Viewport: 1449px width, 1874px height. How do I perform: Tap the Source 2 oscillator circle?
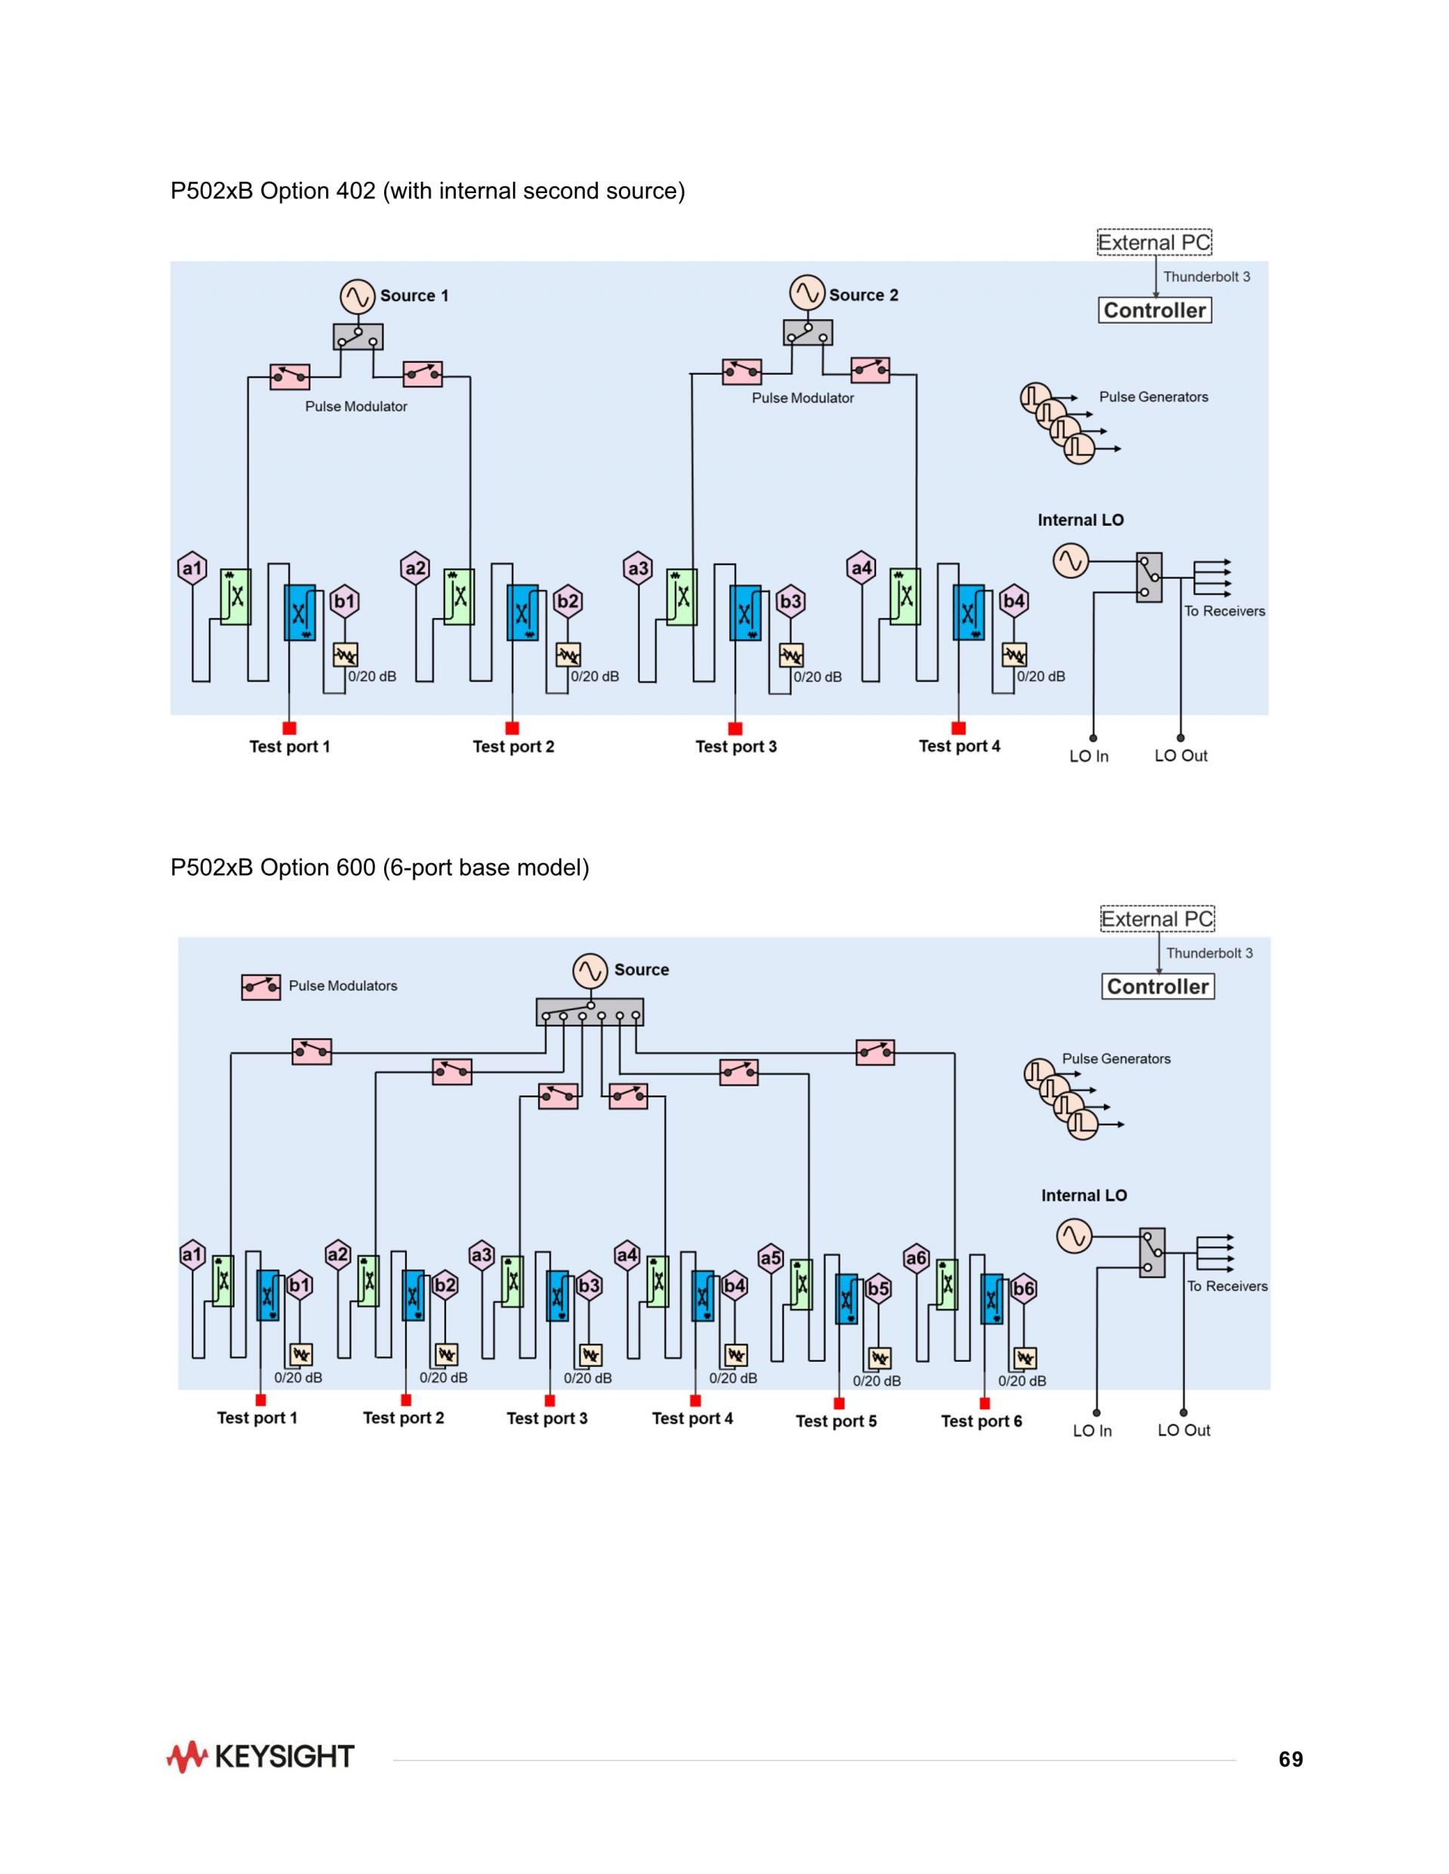pos(807,293)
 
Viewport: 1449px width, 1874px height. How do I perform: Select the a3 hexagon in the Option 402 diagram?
pos(638,568)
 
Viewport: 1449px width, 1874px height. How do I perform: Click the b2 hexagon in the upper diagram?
pos(568,601)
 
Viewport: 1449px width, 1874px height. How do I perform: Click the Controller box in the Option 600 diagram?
pos(1158,987)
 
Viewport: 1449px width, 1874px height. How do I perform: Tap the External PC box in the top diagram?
pos(1155,243)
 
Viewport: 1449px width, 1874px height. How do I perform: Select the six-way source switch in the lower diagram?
pos(589,1012)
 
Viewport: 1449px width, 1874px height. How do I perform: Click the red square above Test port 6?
pos(985,1404)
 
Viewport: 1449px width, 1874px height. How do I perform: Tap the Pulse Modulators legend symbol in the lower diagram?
pos(261,988)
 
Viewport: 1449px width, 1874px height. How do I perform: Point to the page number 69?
pos(1291,1759)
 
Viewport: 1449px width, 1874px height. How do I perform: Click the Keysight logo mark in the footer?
pos(186,1756)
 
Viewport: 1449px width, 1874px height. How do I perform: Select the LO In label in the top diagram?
pos(1088,756)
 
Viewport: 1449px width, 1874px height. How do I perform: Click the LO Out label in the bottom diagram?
pos(1184,1430)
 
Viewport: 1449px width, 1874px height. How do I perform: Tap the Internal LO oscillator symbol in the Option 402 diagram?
pos(1070,561)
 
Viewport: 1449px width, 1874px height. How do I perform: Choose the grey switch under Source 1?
pos(358,337)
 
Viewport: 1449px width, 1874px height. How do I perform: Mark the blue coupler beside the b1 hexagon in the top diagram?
pos(300,613)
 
